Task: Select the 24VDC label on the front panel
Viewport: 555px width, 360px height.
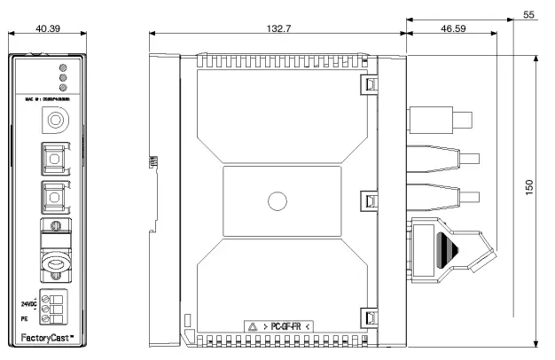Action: click(x=28, y=301)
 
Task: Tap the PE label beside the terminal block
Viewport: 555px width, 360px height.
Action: click(x=25, y=316)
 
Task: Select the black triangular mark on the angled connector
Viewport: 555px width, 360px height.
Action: click(x=445, y=248)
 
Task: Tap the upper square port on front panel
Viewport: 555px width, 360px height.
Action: click(x=54, y=158)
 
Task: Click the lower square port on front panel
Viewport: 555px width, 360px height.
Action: click(x=54, y=193)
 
